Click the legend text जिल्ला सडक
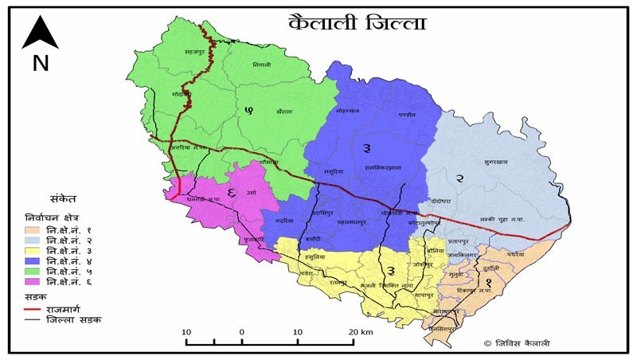76,319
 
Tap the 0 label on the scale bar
241,331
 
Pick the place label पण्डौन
407,115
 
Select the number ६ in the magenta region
231,192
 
